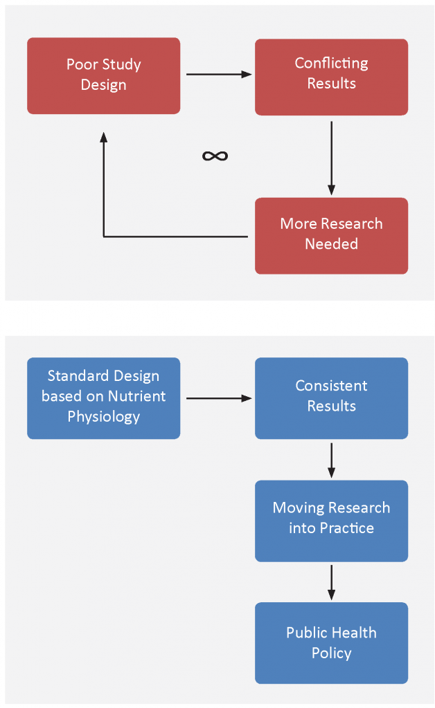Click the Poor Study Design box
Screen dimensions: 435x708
click(103, 76)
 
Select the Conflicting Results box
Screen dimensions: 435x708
click(332, 77)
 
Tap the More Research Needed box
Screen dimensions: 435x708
click(332, 236)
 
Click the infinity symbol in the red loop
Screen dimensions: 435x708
click(215, 156)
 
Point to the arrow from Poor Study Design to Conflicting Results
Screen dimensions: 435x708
click(219, 74)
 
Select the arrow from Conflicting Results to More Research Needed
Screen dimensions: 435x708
click(332, 158)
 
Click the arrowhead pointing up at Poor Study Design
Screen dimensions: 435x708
click(103, 138)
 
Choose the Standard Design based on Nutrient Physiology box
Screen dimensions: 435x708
click(103, 398)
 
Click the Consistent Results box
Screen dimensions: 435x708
click(332, 398)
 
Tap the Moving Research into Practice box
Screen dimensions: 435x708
click(332, 521)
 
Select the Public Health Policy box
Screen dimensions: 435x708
click(332, 643)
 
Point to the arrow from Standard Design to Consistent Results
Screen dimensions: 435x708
click(219, 398)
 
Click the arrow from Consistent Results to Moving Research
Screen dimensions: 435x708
click(332, 460)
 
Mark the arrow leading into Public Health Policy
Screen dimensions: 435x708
click(332, 582)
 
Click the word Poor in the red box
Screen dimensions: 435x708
click(82, 64)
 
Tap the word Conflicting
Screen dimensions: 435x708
click(332, 64)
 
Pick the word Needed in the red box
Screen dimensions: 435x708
click(332, 244)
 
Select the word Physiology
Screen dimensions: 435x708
click(103, 417)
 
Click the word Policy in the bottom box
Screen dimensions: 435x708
click(332, 653)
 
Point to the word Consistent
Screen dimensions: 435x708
click(332, 386)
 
